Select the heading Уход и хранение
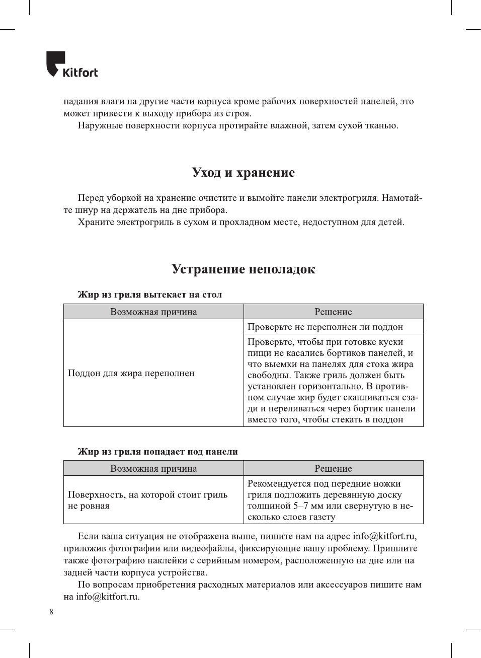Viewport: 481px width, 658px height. click(243, 173)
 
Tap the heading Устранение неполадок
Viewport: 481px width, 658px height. click(243, 269)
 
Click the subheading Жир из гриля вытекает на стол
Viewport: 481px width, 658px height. click(149, 295)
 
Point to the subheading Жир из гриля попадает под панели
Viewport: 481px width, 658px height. click(157, 452)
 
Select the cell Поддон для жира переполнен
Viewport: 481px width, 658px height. click(131, 374)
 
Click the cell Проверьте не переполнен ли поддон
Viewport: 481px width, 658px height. click(325, 327)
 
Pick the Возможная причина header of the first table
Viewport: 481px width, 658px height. click(153, 312)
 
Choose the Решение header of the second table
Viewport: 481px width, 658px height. click(333, 469)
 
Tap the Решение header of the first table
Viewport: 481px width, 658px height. click(333, 312)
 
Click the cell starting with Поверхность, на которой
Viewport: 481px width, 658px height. click(147, 500)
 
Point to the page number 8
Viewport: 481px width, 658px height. click(51, 612)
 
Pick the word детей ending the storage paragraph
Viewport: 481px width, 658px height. click(390, 223)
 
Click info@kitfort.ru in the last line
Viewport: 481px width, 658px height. click(107, 597)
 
